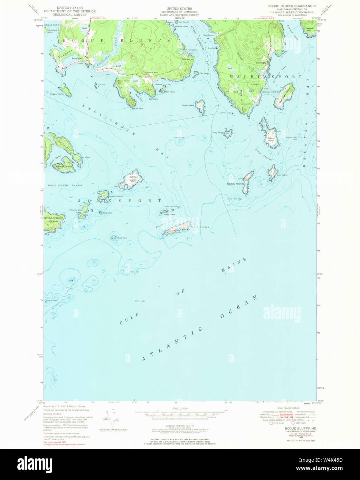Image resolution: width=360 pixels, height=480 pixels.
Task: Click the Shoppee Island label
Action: pos(57,94)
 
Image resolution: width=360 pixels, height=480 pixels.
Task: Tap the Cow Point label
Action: pos(139,108)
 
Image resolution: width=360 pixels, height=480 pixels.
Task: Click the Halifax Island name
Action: pos(132,179)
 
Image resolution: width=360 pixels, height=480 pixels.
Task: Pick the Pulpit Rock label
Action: pos(122,238)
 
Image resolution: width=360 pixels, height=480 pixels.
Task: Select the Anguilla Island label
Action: pos(116,196)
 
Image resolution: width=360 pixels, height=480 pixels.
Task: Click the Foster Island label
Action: pos(271,140)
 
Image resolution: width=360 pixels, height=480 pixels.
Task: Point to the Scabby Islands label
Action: pos(236,184)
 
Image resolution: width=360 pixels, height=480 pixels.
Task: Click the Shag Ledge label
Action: pos(218,133)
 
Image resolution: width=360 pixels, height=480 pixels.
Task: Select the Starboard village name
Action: pos(261,63)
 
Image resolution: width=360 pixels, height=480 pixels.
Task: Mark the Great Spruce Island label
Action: pos(54,220)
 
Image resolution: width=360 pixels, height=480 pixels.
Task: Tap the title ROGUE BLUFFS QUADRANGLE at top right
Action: pos(292,6)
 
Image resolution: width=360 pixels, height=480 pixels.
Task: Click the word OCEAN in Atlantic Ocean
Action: pos(239,307)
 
